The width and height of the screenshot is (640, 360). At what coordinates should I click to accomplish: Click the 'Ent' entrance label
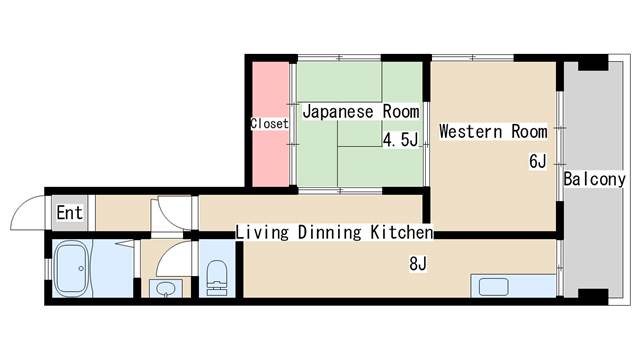click(69, 212)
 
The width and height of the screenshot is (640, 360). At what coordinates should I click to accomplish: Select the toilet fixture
click(217, 275)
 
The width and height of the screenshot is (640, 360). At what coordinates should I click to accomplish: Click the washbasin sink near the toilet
click(164, 289)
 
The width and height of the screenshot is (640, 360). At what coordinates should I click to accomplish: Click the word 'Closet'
click(269, 124)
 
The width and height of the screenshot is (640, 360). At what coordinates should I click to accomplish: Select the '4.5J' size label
click(400, 140)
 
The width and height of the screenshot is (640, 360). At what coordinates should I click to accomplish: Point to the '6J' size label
click(537, 161)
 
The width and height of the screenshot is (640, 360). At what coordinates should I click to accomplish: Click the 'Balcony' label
click(594, 180)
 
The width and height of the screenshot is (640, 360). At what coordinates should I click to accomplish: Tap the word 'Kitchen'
click(399, 233)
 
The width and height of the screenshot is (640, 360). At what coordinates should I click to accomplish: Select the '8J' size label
click(417, 264)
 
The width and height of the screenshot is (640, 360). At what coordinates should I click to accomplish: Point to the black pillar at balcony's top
click(592, 61)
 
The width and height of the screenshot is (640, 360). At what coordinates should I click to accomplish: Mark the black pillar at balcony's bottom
click(592, 297)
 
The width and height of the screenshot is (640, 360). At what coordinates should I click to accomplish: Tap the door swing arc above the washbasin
click(172, 262)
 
